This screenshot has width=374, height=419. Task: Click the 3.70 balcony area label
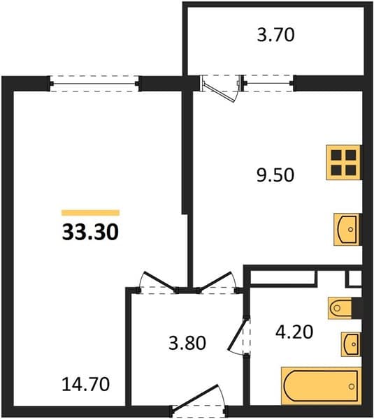275,36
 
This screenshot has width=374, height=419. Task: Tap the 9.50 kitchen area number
275,175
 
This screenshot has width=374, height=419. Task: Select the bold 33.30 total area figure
90,232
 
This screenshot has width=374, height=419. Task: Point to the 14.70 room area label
85,384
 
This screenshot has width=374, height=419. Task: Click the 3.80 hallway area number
187,343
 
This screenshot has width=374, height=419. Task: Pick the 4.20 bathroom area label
294,332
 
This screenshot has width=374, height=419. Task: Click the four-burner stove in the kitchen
344,163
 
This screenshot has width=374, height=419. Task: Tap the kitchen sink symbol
347,229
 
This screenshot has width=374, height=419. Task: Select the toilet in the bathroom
340,308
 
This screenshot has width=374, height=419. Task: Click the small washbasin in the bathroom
351,344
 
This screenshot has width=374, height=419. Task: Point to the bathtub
321,386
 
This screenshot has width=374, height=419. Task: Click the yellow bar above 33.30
90,213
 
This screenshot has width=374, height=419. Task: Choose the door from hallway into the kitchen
215,281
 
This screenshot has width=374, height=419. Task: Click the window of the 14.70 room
94,84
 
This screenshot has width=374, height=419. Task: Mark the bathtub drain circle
352,386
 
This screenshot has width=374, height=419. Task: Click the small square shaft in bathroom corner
354,279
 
